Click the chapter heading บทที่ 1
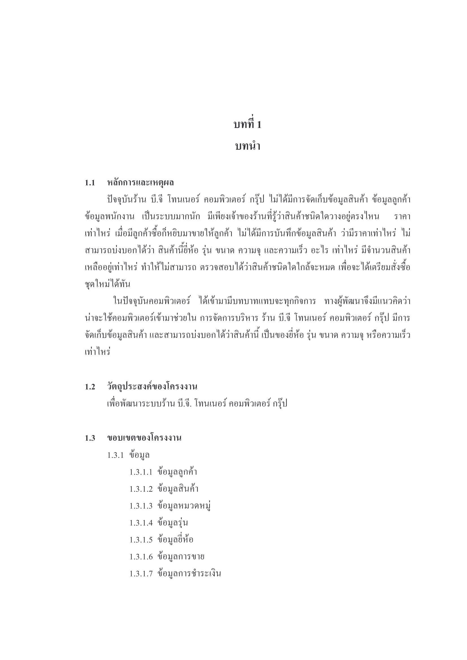247,124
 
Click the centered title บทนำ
247,146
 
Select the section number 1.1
90,183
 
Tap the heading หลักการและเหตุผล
140,183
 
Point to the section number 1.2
90,387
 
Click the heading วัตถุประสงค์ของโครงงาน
152,387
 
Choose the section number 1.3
90,438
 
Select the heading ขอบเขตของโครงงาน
144,438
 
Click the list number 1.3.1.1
141,472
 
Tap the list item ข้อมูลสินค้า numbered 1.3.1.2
178,489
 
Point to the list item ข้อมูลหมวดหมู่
184,506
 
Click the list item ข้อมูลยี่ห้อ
175,540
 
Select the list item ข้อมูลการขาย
181,557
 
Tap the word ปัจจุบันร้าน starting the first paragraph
127,200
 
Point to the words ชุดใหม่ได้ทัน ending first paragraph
108,284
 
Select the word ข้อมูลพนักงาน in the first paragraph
109,217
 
